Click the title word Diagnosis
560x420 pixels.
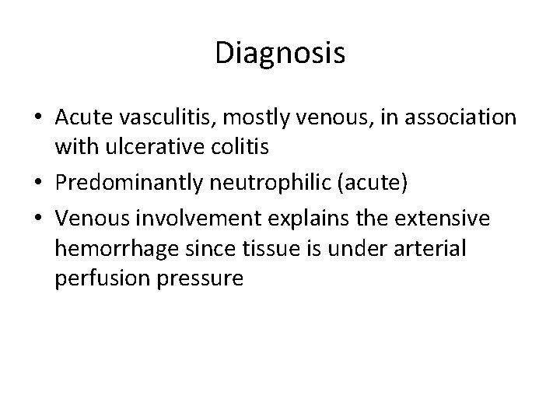[280, 54]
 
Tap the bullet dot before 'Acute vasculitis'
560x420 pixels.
[37, 117]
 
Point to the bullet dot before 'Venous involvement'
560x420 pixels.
[37, 221]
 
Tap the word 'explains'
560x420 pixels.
[280, 221]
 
